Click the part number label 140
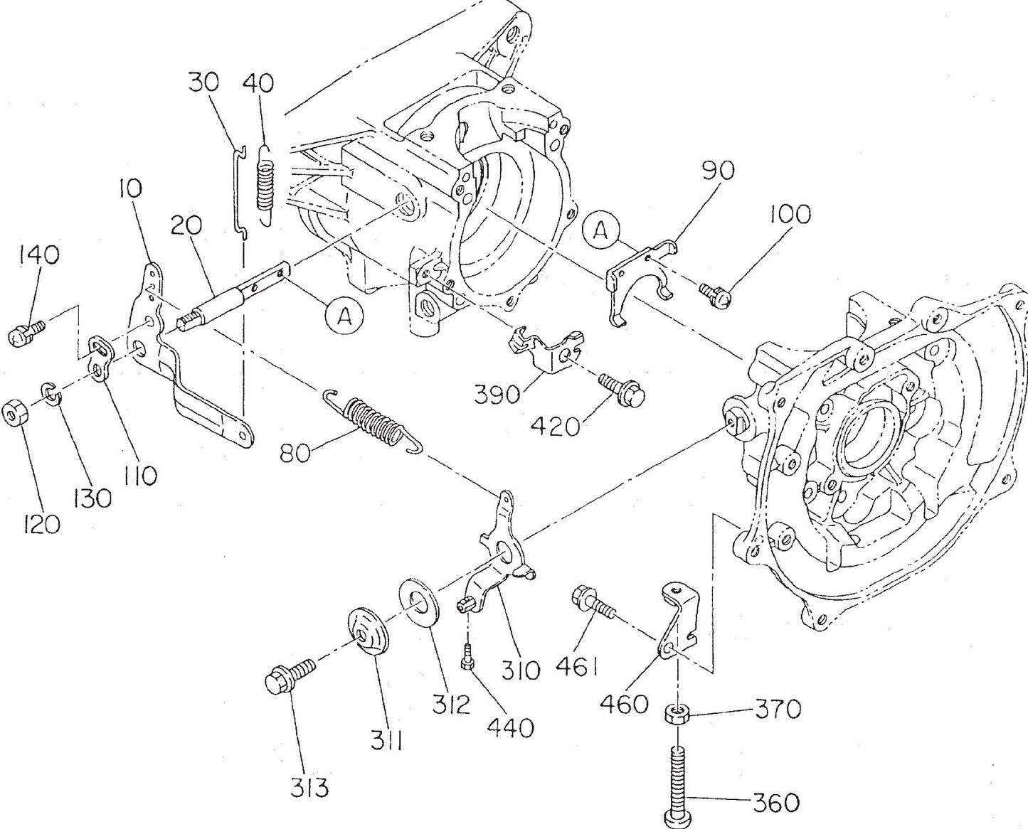[39, 255]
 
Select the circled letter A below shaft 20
[344, 315]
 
